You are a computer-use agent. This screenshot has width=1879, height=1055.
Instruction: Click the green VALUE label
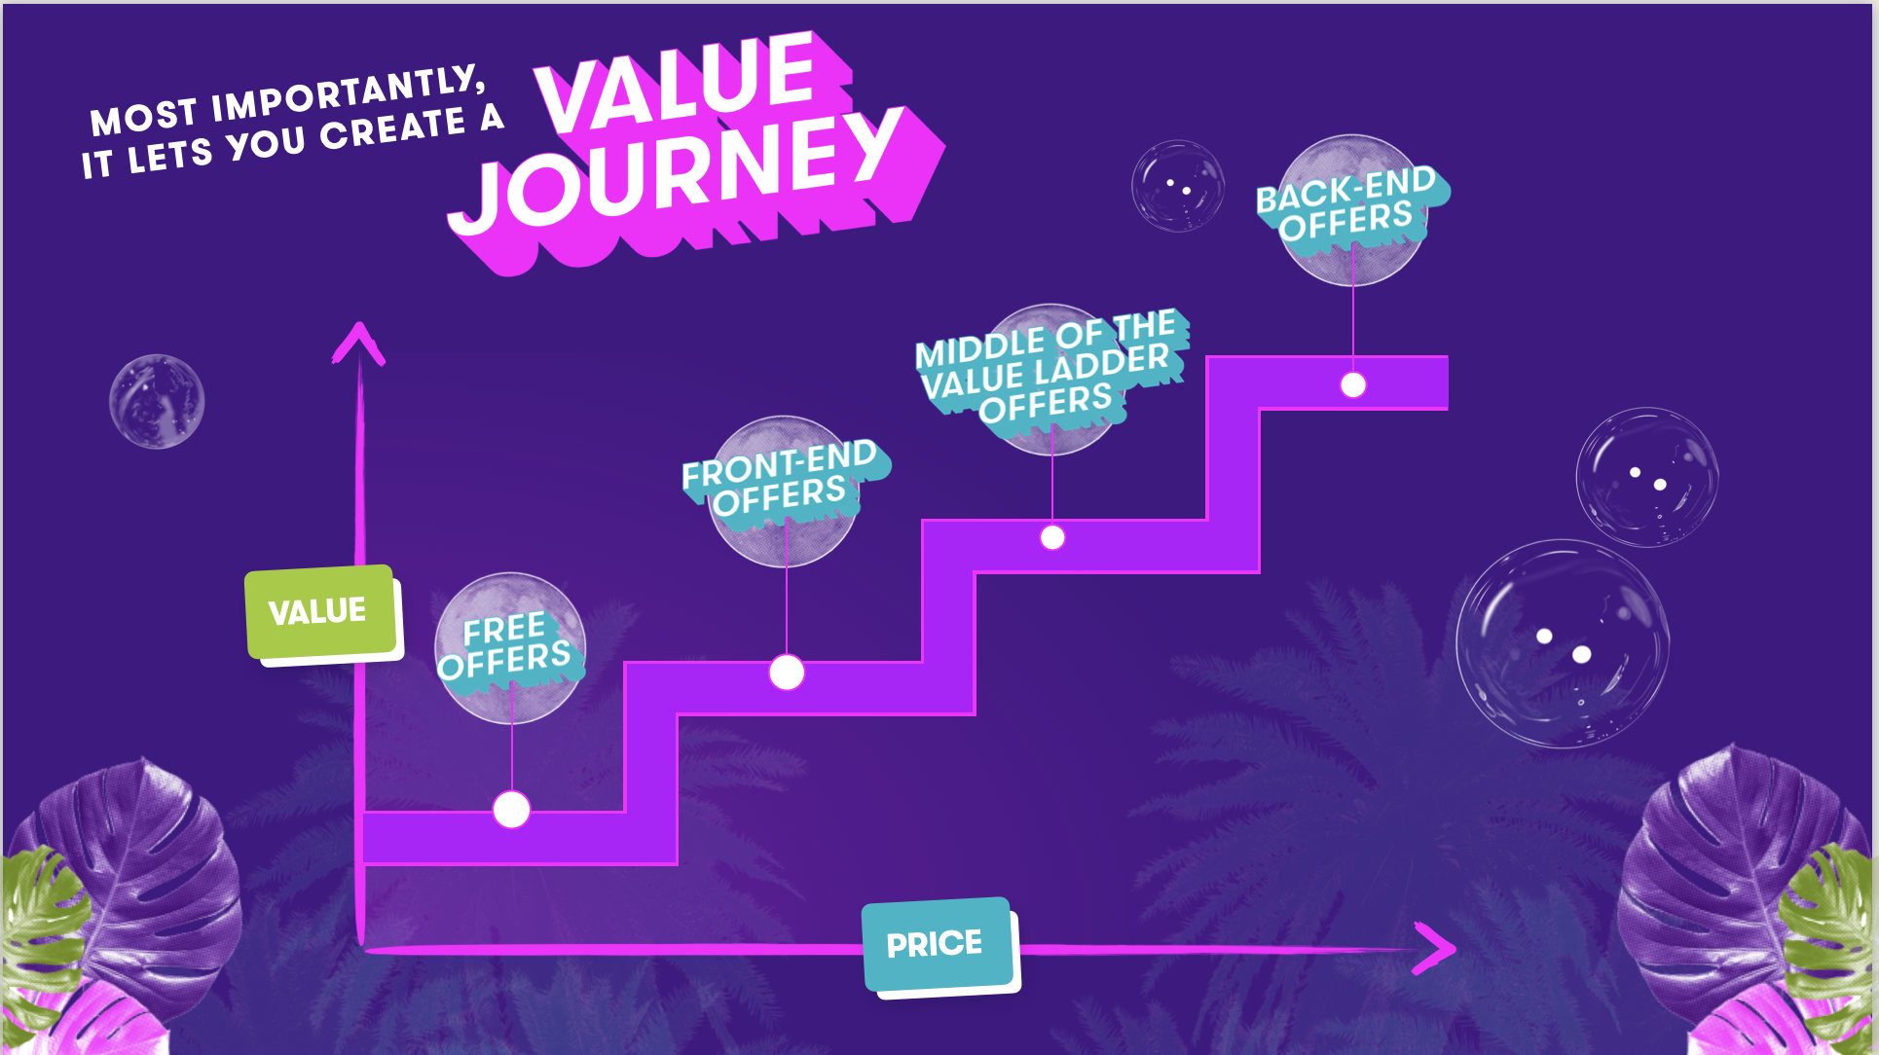click(319, 611)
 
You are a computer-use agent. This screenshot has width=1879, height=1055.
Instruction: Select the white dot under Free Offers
click(511, 809)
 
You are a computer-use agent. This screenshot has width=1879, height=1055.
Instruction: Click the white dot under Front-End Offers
click(787, 672)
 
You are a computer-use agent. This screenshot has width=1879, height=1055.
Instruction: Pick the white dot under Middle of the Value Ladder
click(1052, 537)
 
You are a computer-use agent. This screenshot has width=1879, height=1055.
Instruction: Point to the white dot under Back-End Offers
click(1353, 385)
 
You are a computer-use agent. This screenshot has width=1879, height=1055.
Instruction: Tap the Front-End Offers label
click(782, 479)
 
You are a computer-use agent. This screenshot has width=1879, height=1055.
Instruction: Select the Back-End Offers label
click(1348, 204)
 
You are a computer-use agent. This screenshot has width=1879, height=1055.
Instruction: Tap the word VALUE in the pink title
click(677, 83)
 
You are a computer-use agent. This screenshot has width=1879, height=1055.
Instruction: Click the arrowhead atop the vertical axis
click(359, 343)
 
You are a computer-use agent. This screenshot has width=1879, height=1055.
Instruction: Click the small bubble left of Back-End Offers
click(1177, 186)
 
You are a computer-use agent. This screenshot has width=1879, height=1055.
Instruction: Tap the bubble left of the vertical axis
click(157, 401)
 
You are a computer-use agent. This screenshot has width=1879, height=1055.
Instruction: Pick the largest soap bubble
click(1562, 643)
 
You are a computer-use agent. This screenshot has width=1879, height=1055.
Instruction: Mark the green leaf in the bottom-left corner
click(39, 925)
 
